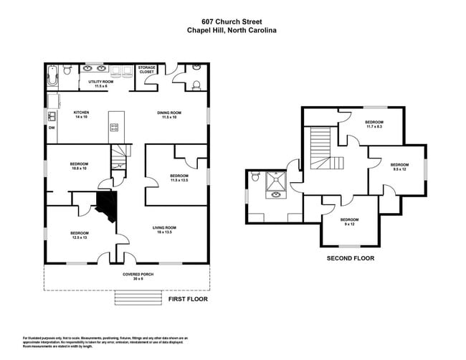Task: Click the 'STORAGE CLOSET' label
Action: point(146,70)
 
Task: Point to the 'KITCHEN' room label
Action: point(82,113)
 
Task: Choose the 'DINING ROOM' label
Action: point(169,113)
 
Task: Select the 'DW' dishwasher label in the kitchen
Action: point(52,128)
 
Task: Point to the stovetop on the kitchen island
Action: point(113,128)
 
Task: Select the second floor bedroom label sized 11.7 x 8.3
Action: point(374,124)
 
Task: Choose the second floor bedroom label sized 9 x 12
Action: point(349,221)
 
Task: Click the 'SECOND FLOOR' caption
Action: point(350,258)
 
